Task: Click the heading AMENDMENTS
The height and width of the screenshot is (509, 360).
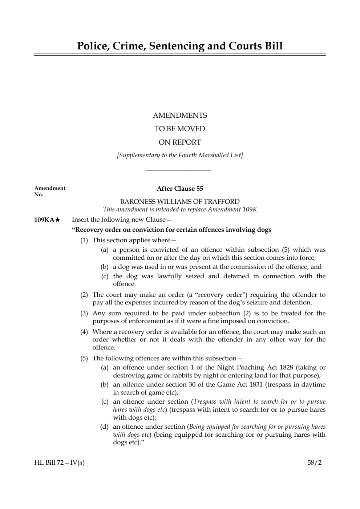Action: (180, 116)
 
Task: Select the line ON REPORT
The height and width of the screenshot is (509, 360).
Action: (180, 142)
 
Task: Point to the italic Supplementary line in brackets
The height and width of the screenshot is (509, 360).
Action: (180, 155)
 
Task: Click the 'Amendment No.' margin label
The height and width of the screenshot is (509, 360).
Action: (49, 191)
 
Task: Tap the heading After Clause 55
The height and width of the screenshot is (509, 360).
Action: (180, 189)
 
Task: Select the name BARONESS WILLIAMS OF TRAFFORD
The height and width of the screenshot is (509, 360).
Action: (180, 202)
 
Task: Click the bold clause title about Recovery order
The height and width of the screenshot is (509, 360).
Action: (172, 230)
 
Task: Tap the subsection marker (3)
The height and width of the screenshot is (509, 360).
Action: (84, 314)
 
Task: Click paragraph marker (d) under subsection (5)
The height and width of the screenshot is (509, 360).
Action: (104, 427)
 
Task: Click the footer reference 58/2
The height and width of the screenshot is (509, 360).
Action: (314, 463)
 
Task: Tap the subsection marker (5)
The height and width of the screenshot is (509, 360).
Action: (84, 358)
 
